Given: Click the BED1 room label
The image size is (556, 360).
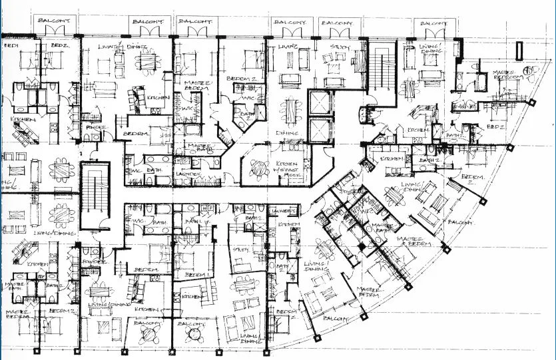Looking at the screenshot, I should tap(10, 46).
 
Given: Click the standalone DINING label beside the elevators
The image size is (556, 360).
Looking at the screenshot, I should tap(288, 132).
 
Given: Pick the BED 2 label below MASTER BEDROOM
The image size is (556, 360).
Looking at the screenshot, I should tap(495, 125).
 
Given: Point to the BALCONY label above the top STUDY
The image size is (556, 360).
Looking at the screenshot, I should tap(338, 23).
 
